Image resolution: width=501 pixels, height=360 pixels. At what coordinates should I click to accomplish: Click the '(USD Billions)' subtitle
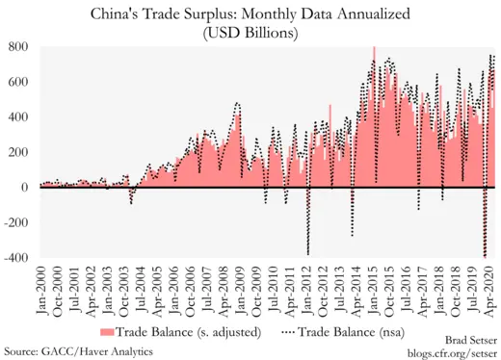(251, 32)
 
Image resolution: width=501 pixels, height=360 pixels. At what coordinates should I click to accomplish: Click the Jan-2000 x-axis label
(44, 289)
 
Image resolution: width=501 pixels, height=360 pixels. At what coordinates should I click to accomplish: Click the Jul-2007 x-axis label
(209, 289)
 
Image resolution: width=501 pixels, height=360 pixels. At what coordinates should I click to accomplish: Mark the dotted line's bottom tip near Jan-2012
(308, 254)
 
